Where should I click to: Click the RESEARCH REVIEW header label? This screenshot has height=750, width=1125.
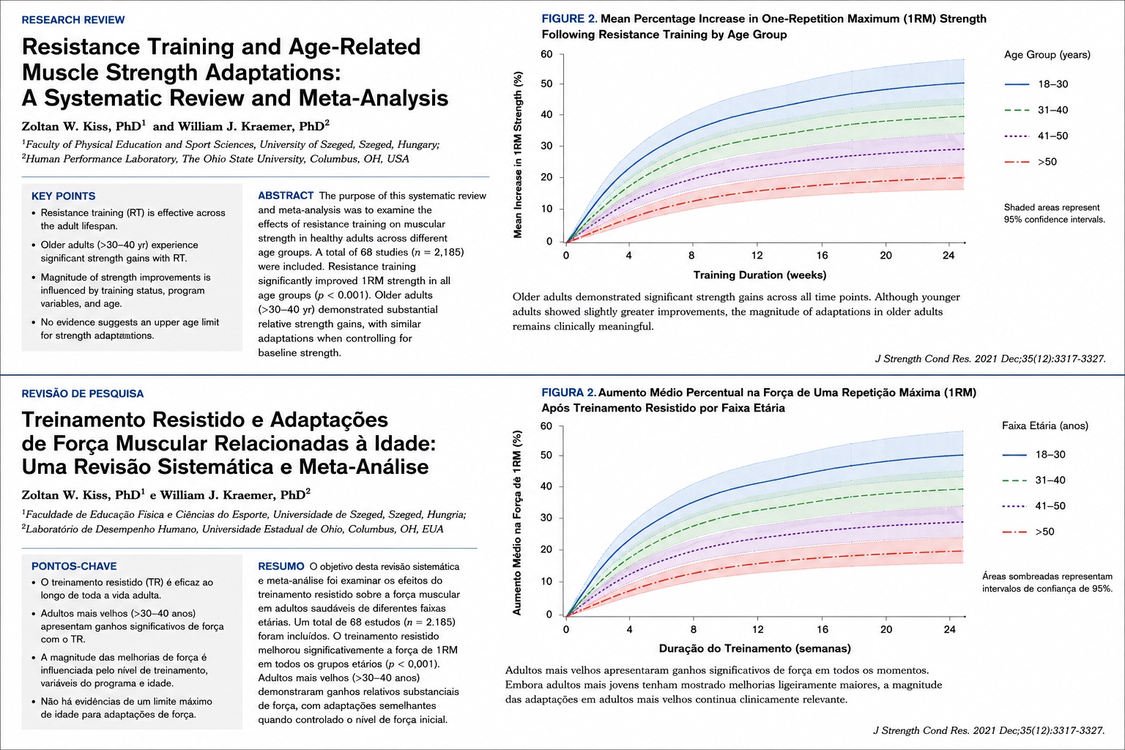click(x=73, y=20)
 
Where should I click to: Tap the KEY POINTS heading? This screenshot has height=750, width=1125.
click(x=63, y=196)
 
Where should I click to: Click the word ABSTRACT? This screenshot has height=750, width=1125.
click(x=286, y=196)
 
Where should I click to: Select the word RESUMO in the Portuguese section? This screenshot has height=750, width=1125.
click(x=281, y=566)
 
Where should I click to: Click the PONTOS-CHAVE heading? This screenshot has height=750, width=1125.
click(x=74, y=566)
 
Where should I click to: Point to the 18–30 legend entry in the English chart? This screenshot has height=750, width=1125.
click(x=1036, y=84)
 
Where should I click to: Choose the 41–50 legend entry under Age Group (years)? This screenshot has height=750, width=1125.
click(x=1036, y=136)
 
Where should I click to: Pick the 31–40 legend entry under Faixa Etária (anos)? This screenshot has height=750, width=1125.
click(x=1033, y=480)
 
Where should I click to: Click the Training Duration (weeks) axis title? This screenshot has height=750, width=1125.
click(x=760, y=275)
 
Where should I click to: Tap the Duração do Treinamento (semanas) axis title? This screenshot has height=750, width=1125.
click(x=755, y=648)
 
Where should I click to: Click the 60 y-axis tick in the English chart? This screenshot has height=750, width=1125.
click(x=546, y=54)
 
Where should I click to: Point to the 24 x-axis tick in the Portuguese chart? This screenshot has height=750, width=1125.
click(x=949, y=629)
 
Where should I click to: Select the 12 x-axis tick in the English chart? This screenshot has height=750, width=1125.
click(x=757, y=256)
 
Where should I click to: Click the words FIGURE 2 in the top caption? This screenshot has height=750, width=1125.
click(x=569, y=19)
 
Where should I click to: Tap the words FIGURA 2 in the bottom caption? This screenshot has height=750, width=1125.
click(x=568, y=393)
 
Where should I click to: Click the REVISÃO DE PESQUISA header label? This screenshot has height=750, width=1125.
click(x=82, y=394)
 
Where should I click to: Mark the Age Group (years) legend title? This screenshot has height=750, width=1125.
click(x=1047, y=55)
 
